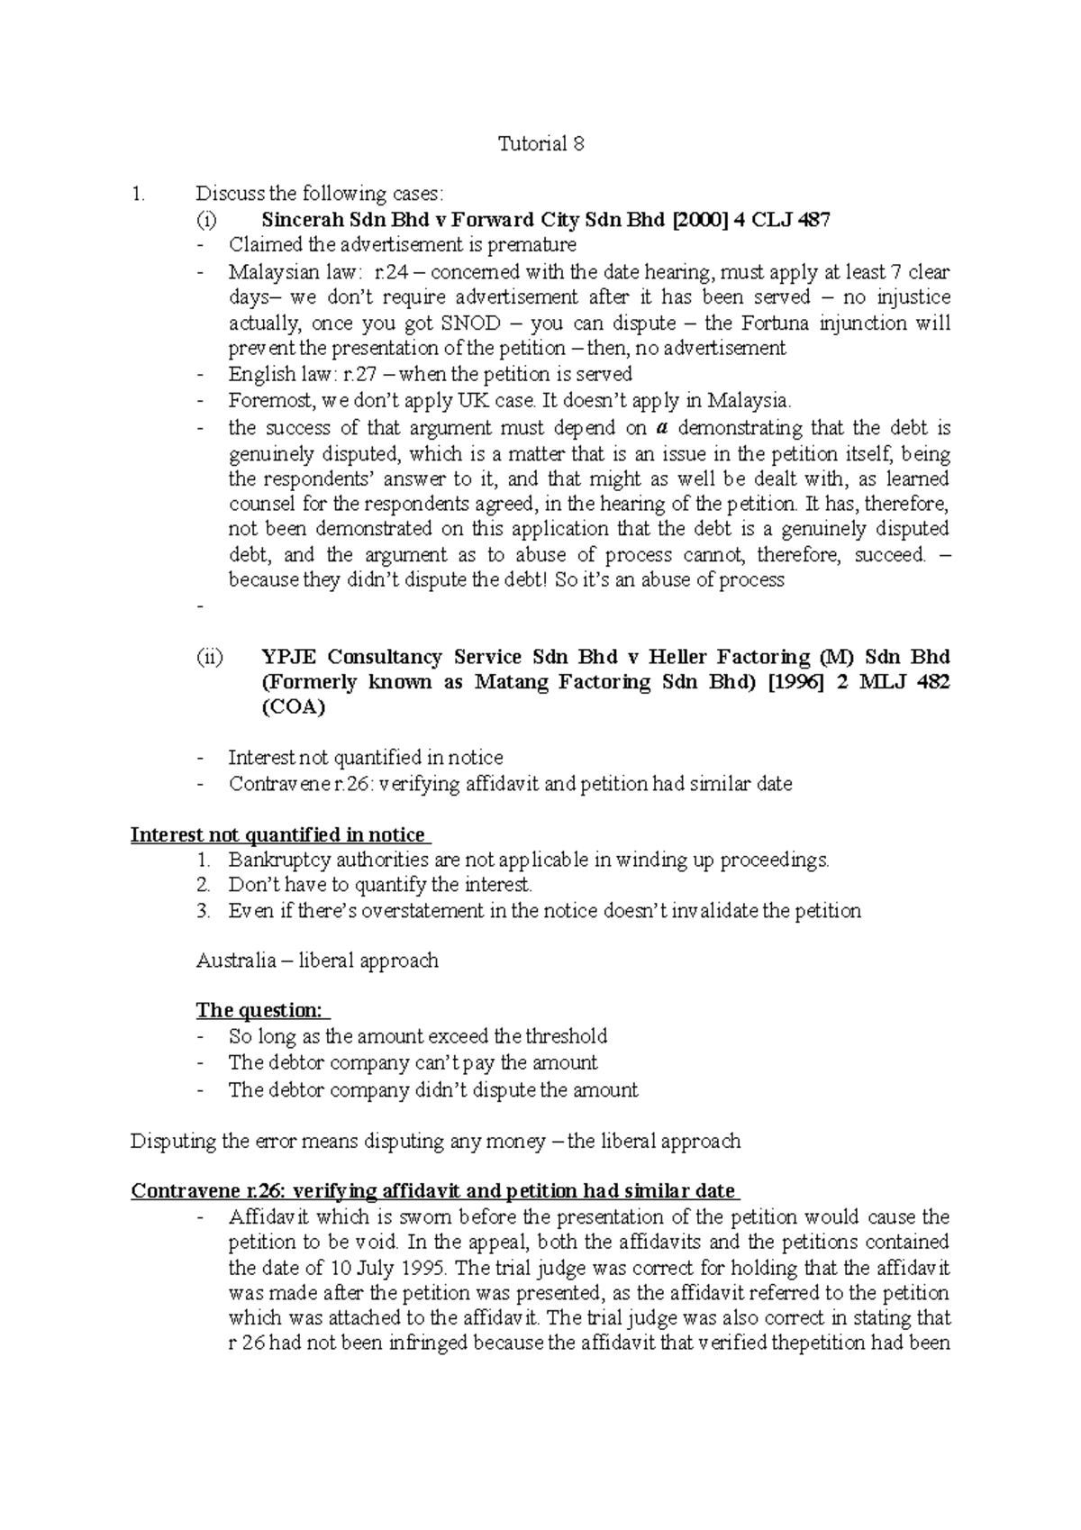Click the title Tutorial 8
tap(540, 144)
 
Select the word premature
tap(531, 245)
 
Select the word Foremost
tap(267, 400)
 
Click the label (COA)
tap(293, 708)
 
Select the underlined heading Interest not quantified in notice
tap(277, 835)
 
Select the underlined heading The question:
tap(259, 1011)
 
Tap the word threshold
tap(567, 1036)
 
